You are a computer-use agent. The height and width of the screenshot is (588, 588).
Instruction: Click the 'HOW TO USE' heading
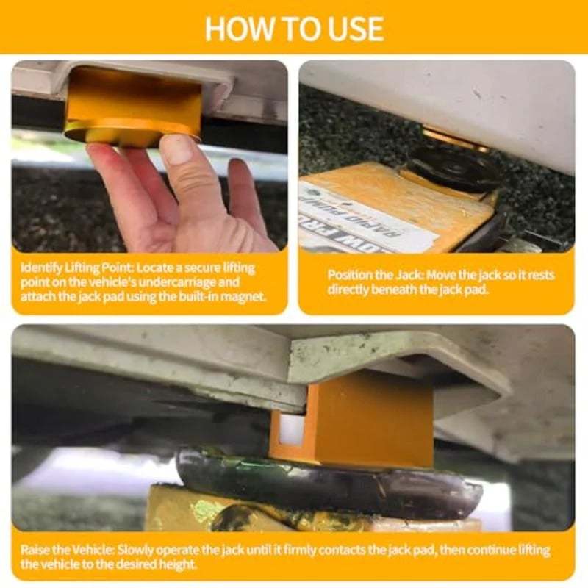coord(294,27)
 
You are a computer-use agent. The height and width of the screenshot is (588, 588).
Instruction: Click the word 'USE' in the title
coord(350,27)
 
